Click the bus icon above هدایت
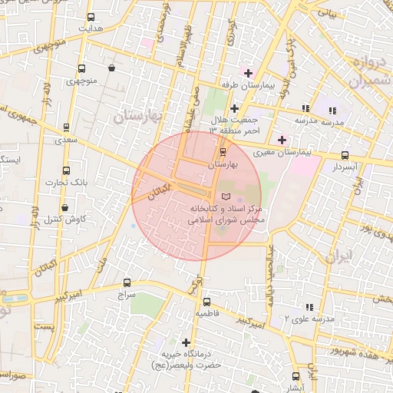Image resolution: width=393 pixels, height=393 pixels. click(91, 17)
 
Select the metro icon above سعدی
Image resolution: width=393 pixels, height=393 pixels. click(66, 127)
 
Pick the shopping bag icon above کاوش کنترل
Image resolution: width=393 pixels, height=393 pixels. click(64, 207)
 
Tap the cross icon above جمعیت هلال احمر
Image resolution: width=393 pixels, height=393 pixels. click(234, 108)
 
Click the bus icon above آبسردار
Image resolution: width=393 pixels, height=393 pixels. click(345, 155)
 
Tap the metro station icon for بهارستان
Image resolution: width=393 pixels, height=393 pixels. click(223, 153)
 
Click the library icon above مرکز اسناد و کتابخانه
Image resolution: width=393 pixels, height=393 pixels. click(225, 197)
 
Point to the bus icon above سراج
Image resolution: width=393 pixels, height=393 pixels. click(127, 282)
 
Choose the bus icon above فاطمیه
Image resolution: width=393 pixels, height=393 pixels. click(202, 302)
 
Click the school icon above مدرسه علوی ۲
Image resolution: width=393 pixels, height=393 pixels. click(309, 305)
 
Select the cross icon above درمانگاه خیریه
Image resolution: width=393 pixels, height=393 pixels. click(185, 342)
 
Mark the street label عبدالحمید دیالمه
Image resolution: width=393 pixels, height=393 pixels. click(270, 276)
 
